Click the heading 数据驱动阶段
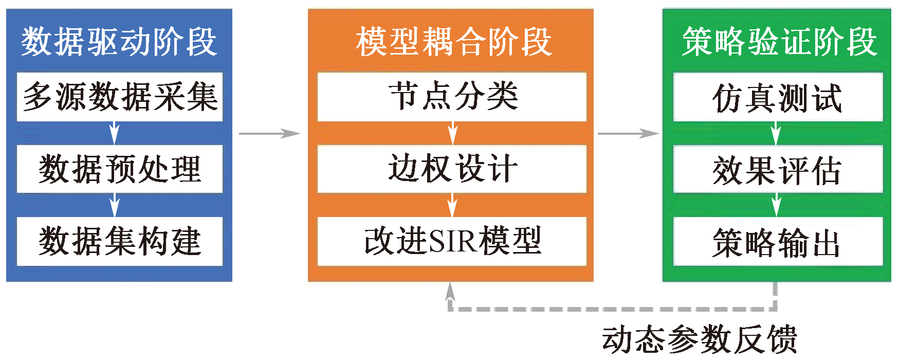tap(119, 42)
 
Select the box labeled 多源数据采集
tap(120, 97)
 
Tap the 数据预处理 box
tap(120, 169)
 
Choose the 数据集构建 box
tap(120, 241)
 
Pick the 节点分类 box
tap(452, 97)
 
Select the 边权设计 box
tap(452, 169)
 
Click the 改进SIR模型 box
tap(452, 241)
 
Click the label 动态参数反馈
tap(700, 339)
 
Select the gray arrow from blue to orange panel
tap(269, 134)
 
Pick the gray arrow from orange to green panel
tap(628, 134)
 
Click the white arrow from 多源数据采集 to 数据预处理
tap(115, 133)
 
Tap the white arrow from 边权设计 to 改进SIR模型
tap(452, 205)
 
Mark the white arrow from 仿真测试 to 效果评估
tap(776, 134)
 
